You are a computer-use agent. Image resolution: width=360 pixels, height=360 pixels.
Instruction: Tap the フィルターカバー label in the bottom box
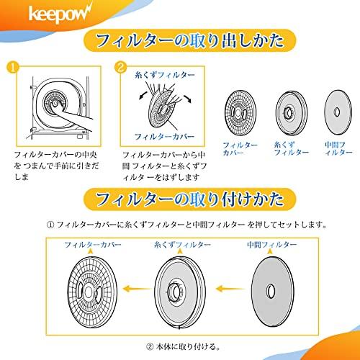pos(91,245)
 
